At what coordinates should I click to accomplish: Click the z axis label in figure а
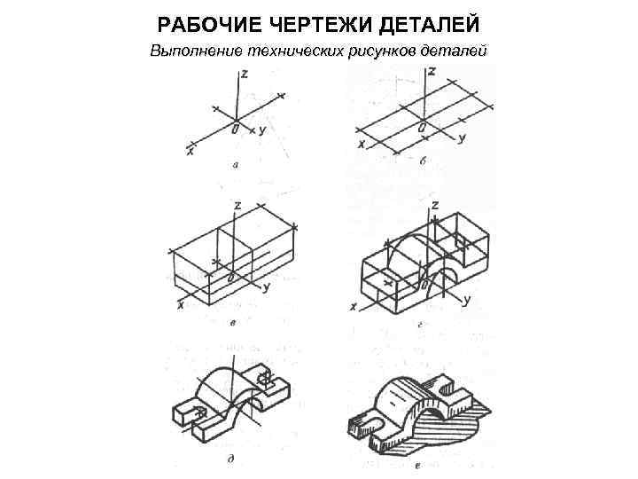coord(245,74)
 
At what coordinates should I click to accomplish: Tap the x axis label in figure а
coord(190,152)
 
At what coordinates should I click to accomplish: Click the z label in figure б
coord(432,71)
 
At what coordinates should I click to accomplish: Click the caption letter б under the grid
coord(423,161)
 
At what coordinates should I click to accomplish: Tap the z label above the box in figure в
coord(237,205)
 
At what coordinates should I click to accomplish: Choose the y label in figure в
coord(267,287)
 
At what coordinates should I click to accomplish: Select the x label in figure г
coord(354,308)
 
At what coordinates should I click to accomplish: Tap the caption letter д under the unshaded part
coord(230,459)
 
